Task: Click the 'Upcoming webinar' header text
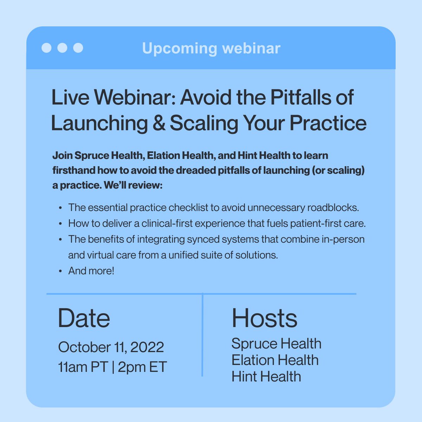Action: tap(211, 48)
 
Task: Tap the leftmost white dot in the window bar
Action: tap(46, 47)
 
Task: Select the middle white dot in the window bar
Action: tap(62, 47)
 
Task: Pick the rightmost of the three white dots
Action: tap(78, 47)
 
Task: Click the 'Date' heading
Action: tap(84, 318)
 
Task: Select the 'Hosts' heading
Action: tap(264, 318)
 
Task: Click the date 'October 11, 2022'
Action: tap(111, 347)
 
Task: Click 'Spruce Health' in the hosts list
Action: tap(276, 344)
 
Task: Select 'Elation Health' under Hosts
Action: tap(275, 360)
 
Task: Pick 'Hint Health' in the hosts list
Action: tap(266, 377)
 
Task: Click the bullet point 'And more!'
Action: tap(91, 271)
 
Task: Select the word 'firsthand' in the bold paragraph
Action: tap(74, 170)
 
